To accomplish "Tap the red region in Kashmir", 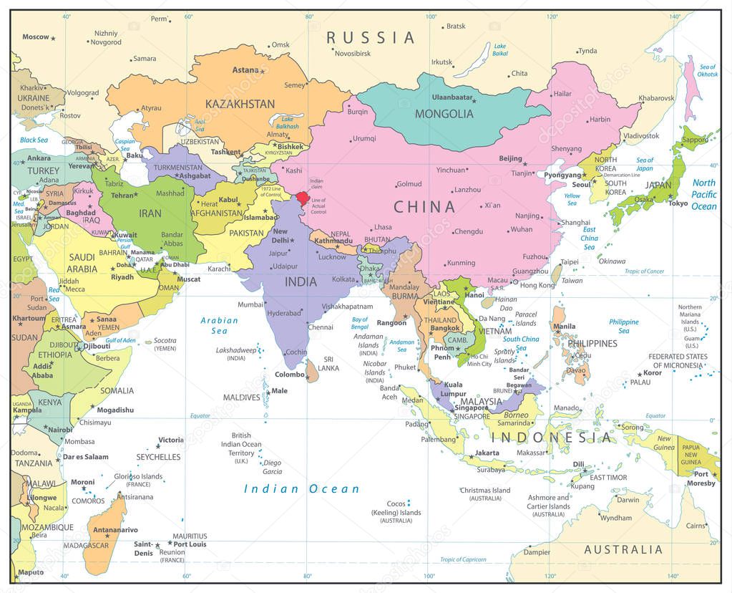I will pos(303,198).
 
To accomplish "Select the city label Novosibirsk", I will pos(353,54).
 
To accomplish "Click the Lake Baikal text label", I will pos(500,49).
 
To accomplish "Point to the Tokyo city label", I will pos(678,203).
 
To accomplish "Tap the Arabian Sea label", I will pos(219,326).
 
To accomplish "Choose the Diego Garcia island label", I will pos(273,467).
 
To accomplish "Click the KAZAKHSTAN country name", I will pos(240,104).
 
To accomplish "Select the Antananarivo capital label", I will pos(115,530).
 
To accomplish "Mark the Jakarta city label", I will pos(487,453).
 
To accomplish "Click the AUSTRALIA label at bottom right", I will pos(623,550).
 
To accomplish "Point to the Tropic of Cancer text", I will pos(645,271).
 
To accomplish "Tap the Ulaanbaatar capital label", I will pos(452,97).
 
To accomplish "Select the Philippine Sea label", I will pos(624,327).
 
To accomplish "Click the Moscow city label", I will pos(36,37).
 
